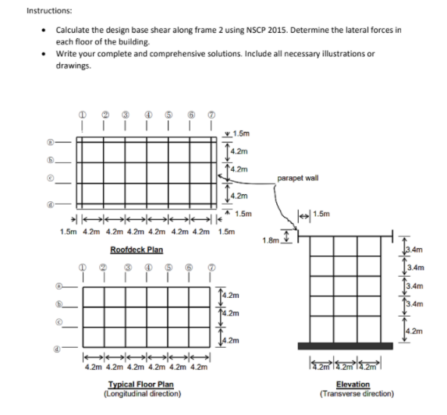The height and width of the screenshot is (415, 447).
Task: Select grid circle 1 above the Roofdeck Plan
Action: pyautogui.click(x=82, y=115)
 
